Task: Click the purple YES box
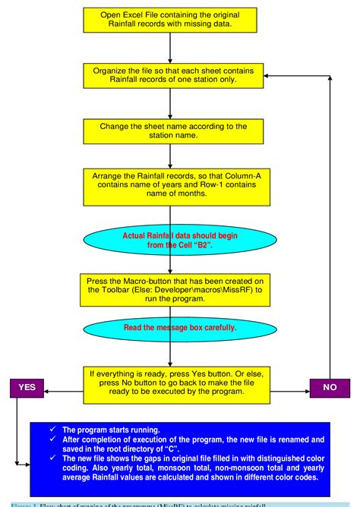tap(27, 386)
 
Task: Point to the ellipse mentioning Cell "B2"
tap(181, 240)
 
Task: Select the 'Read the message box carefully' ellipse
tap(181, 328)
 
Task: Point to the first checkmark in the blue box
tap(52, 429)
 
